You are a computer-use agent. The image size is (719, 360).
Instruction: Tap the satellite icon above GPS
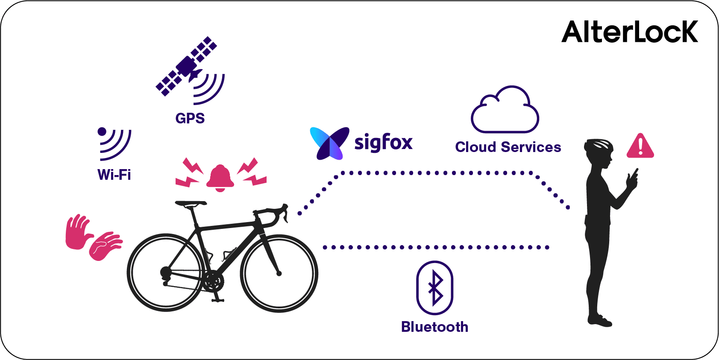(187, 66)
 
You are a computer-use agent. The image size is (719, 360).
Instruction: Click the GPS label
(190, 118)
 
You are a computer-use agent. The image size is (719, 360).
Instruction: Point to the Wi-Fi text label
(114, 175)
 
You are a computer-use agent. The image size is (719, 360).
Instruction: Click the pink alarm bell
(220, 177)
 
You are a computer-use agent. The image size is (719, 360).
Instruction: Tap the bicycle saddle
(191, 204)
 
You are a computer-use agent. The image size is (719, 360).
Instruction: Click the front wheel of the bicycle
(279, 273)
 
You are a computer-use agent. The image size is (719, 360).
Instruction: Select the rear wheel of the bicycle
(165, 272)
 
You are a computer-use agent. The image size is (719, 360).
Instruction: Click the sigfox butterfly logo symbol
(329, 143)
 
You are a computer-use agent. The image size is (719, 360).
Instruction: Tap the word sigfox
(383, 142)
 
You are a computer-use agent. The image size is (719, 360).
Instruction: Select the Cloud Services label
(508, 147)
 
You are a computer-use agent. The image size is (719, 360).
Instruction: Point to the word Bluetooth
(434, 327)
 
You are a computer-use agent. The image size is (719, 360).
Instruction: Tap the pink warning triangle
(640, 146)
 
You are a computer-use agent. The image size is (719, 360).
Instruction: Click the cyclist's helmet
(599, 145)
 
